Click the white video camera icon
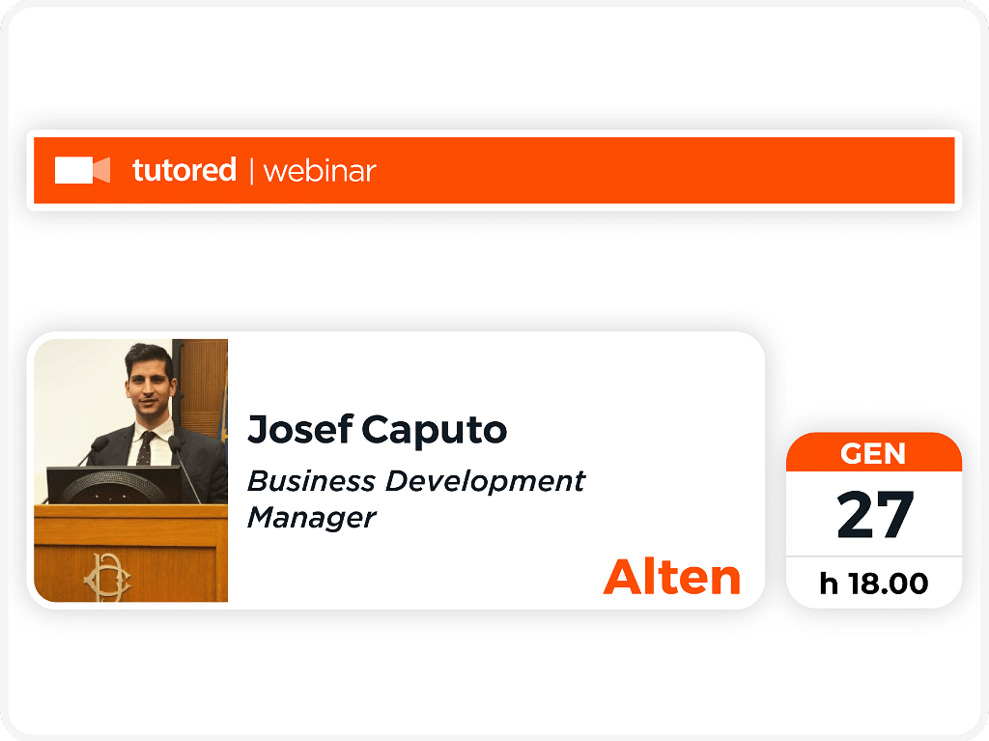click(x=83, y=170)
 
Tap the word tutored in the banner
click(x=184, y=170)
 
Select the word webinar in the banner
click(x=320, y=172)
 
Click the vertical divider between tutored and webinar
click(x=252, y=171)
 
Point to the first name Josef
click(x=300, y=429)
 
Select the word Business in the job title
click(x=311, y=481)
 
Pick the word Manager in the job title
click(x=312, y=519)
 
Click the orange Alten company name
click(x=672, y=577)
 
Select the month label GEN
click(x=873, y=454)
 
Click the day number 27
click(x=875, y=515)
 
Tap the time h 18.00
click(x=874, y=584)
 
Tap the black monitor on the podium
click(x=114, y=485)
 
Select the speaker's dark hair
click(x=149, y=357)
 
